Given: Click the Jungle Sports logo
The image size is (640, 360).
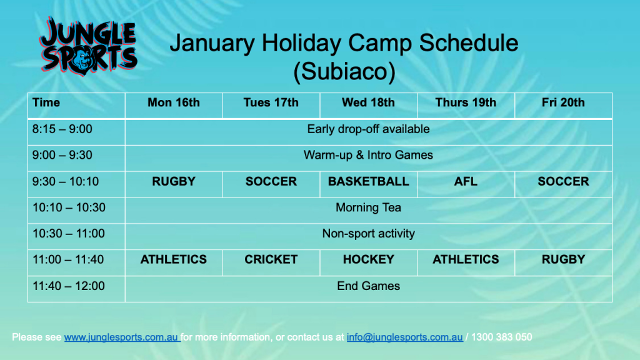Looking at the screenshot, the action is click(89, 46).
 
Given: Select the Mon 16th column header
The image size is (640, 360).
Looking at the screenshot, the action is click(174, 102).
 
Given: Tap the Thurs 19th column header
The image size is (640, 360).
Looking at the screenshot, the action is click(466, 102).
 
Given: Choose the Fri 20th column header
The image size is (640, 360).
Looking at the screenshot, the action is click(563, 102).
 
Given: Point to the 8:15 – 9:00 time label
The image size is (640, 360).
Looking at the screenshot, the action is click(62, 129).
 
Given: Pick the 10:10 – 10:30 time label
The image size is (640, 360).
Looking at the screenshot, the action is click(69, 207).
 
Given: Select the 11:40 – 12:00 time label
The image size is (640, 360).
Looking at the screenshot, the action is click(69, 286).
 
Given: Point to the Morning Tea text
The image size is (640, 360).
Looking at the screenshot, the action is click(369, 207).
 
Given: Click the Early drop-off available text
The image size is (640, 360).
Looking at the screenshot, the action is click(369, 129).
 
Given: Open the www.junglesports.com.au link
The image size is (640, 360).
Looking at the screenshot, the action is click(121, 337).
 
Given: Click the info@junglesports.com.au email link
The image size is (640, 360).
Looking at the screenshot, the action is click(405, 337).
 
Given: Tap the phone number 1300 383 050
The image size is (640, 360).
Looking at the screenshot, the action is click(502, 337).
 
